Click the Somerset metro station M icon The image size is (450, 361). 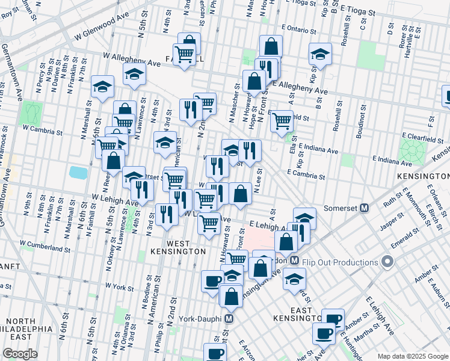click(364, 208)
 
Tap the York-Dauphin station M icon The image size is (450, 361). click(229, 318)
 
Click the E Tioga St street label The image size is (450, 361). click(360, 9)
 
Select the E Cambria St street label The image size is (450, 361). click(306, 173)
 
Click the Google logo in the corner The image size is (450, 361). click(20, 354)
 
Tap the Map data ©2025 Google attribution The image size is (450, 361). click(413, 356)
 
